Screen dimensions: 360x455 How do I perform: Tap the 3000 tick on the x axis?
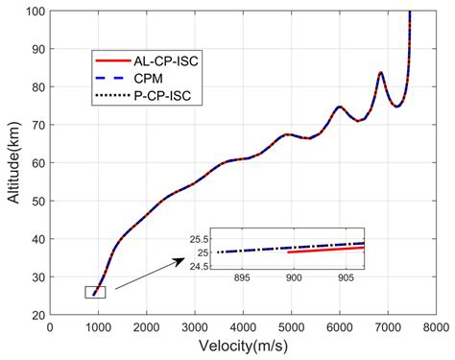pyautogui.click(x=195, y=327)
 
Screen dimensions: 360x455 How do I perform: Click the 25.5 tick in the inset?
pyautogui.click(x=201, y=239)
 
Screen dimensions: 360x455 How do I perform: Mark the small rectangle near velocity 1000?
pyautogui.click(x=95, y=293)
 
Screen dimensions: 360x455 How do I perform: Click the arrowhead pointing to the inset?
pyautogui.click(x=183, y=259)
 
